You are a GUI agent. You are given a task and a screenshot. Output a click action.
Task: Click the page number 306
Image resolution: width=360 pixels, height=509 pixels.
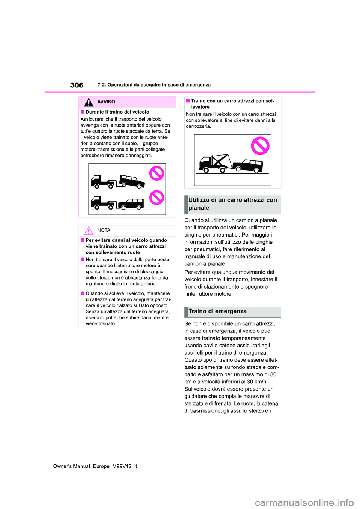pos(77,85)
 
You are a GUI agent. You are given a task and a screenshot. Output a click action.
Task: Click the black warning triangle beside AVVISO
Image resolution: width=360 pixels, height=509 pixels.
pos(88,102)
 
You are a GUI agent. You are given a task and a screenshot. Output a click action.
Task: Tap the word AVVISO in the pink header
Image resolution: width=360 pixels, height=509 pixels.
pos(106,102)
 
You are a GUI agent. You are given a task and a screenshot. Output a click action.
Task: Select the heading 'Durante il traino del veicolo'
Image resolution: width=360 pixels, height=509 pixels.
pos(117,112)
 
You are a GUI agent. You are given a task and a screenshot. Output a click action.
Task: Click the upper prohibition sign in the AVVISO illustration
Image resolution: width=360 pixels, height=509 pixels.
pos(157,174)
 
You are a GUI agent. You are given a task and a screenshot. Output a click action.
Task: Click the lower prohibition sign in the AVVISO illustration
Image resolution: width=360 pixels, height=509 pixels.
pos(157,198)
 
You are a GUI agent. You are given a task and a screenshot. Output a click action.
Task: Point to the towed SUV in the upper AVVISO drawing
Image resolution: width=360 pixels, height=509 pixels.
pos(131,181)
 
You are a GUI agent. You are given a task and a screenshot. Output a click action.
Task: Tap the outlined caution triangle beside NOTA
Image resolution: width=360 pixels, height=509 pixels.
pos(88,231)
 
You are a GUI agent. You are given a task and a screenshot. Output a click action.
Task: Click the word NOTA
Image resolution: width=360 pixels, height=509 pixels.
pos(104,230)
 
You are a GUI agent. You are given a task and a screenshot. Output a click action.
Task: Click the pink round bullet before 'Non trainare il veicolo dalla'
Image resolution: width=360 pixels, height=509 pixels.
pos(82,260)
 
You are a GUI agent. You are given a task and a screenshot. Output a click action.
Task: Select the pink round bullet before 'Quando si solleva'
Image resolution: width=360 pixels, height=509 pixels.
pos(82,293)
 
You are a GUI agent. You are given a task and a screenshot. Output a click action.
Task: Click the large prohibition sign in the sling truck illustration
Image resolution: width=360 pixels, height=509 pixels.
pos(260,146)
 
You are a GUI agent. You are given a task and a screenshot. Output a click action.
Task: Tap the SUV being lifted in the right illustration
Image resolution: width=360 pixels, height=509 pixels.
pos(248,165)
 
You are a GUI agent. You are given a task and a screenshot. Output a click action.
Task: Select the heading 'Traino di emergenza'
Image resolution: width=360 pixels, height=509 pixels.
pos(217,311)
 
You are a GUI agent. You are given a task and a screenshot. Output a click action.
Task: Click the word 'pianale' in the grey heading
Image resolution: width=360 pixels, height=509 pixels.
pos(199,208)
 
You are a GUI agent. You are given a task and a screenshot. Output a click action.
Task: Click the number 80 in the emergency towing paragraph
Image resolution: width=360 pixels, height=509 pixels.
pos(273,374)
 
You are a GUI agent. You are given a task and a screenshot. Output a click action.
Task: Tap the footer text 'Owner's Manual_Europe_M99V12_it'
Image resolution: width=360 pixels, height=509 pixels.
pos(95,466)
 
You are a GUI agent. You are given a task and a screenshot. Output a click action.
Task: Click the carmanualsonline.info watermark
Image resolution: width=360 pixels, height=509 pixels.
pos(304,502)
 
